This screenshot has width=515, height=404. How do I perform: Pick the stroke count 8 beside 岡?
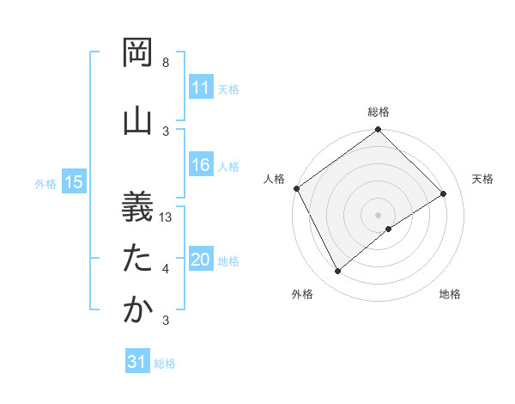pos(166,63)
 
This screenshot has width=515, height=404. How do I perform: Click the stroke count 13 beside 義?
pos(167,217)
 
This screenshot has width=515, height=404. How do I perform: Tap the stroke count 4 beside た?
pos(166,270)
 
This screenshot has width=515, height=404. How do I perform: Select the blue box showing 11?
pos(200,88)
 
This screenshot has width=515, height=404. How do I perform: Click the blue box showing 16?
pos(200,166)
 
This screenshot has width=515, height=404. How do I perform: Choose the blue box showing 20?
pos(200,260)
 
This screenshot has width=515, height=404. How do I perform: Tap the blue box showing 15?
pos(74,182)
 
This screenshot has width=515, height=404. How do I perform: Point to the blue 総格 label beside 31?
pos(165,364)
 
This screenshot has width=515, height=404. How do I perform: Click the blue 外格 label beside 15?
pos(45,183)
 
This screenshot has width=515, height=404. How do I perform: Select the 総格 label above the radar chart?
pos(379,112)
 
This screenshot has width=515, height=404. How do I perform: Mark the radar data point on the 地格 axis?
pos(389,229)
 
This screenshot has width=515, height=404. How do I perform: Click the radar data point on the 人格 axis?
pos(296,188)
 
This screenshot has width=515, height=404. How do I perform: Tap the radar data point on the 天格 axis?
pos(444,193)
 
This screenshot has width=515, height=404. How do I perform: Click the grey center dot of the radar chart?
pos(378,214)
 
